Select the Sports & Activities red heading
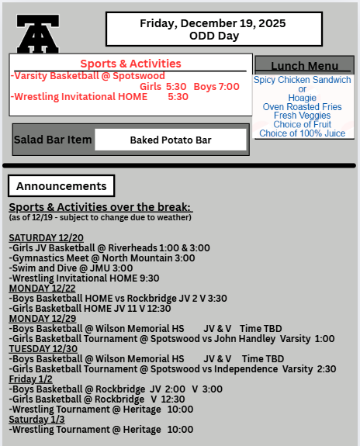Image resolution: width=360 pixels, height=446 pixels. (x=130, y=64)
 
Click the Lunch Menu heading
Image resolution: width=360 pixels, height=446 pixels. (x=304, y=66)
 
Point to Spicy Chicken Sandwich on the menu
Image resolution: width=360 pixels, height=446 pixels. (x=303, y=80)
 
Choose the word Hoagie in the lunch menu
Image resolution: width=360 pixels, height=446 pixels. (x=303, y=98)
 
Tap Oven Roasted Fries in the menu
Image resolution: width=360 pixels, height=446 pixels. (x=303, y=107)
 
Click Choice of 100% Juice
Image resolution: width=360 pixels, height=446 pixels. (x=303, y=133)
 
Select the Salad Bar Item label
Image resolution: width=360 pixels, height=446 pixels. (x=53, y=140)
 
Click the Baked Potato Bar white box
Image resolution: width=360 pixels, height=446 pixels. (x=171, y=140)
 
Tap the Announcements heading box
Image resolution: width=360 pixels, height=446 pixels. (x=61, y=186)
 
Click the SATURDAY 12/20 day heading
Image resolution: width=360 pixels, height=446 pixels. (x=47, y=237)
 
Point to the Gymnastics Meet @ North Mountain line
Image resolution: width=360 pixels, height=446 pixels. (x=102, y=258)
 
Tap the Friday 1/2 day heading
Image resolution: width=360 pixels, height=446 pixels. (x=30, y=379)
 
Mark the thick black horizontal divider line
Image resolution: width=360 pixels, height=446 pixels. (x=179, y=165)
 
